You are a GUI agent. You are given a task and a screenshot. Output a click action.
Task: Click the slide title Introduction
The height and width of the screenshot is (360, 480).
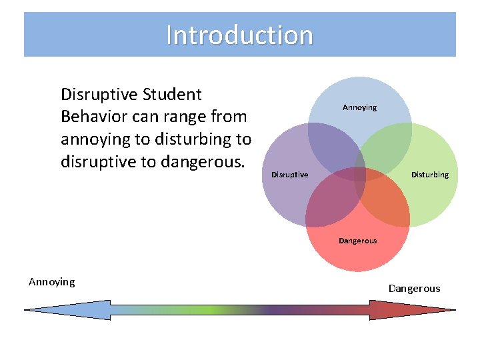coord(239,35)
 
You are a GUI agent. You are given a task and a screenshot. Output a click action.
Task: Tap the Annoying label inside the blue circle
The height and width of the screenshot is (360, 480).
coord(359,107)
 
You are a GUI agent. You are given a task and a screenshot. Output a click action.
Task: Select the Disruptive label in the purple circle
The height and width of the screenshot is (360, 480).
coord(289,175)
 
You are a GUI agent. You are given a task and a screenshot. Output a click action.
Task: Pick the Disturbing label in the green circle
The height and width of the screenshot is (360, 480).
coord(429,175)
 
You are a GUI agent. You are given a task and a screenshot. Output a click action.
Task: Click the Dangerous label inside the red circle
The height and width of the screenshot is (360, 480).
coord(357,241)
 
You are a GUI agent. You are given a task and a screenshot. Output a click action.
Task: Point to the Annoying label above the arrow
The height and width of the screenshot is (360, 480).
coord(52,282)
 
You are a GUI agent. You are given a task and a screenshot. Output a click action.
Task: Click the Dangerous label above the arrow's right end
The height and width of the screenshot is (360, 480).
coord(414,289)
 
